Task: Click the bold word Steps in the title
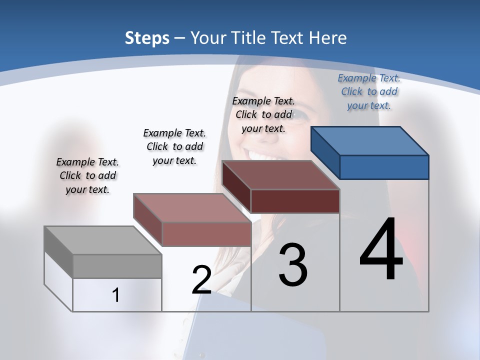click(147, 38)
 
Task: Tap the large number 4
click(381, 250)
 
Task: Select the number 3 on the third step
click(293, 265)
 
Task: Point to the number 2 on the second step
click(201, 280)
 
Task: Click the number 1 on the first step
click(116, 295)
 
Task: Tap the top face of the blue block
click(369, 141)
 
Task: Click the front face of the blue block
click(384, 167)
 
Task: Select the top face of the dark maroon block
click(280, 175)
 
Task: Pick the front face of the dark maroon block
click(295, 201)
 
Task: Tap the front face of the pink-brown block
click(206, 234)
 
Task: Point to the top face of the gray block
click(102, 240)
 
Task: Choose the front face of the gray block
click(117, 266)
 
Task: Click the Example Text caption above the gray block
click(87, 175)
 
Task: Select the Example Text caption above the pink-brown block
click(174, 146)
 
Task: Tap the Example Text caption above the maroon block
click(263, 114)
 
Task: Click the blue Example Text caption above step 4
click(369, 91)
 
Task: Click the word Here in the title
click(328, 38)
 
